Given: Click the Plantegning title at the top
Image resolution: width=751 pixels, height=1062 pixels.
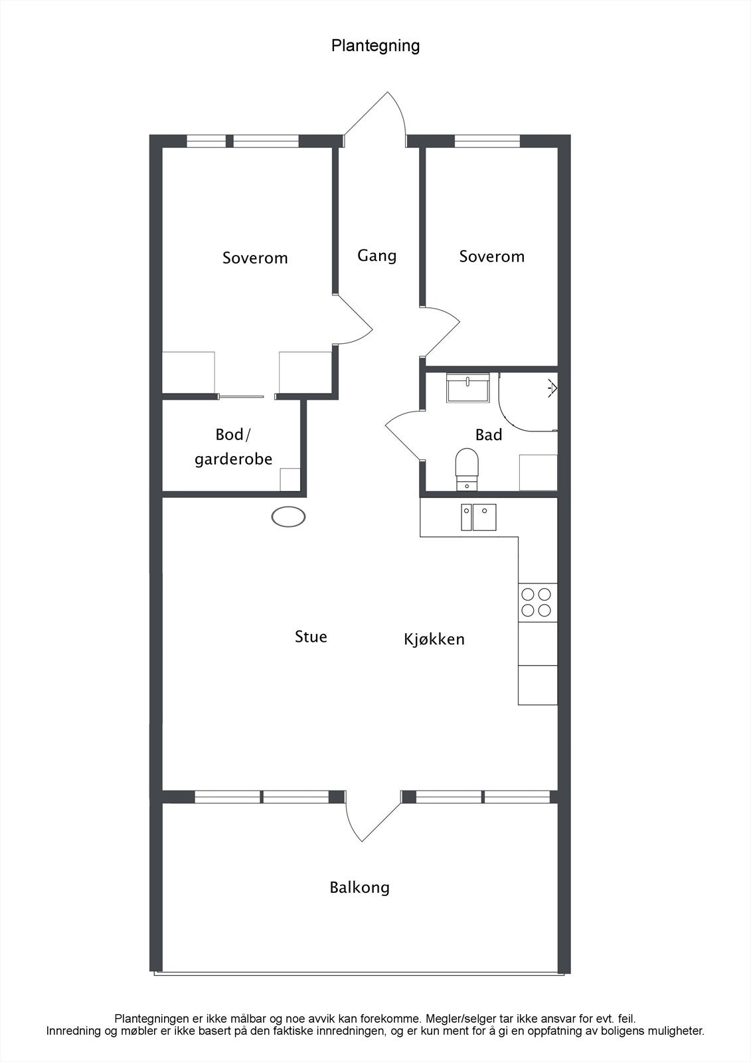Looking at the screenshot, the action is (x=375, y=46).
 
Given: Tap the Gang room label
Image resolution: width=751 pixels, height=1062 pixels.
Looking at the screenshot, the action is (x=376, y=256).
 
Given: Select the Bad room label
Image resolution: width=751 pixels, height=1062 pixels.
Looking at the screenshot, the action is (x=489, y=435).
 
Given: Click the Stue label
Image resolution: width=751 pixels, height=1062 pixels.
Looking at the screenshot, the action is (x=311, y=637).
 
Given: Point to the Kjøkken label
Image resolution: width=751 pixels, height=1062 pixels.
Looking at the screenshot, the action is (x=434, y=639).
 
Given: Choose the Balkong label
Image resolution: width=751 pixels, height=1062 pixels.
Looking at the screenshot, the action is (x=360, y=887).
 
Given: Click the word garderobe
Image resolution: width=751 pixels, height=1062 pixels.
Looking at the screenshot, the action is (x=234, y=459).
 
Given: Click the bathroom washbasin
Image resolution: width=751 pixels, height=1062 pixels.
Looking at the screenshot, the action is (x=467, y=388).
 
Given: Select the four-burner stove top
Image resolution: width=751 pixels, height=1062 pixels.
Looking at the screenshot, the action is (x=537, y=602).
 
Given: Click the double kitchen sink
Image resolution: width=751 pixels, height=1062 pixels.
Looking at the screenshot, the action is (x=479, y=517).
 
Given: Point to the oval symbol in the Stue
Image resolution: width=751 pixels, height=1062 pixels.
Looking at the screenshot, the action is (x=288, y=517).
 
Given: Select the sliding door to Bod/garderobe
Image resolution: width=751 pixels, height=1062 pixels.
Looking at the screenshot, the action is (x=241, y=396).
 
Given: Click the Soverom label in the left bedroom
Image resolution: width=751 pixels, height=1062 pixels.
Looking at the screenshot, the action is (x=255, y=258).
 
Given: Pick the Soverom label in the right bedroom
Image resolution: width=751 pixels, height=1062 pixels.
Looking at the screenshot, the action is (x=492, y=256).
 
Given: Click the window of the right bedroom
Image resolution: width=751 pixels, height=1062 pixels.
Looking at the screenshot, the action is (x=487, y=141).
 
